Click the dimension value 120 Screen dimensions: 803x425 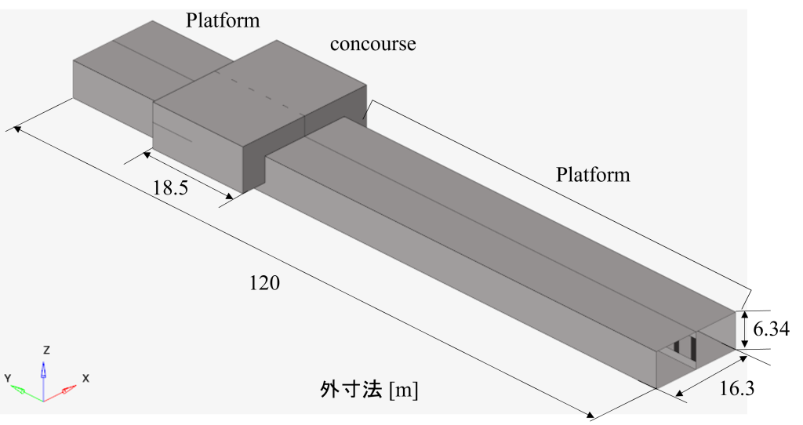[264, 283]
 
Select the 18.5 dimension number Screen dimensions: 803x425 [170, 188]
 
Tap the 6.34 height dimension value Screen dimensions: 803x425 [772, 329]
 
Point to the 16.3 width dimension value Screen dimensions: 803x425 [737, 389]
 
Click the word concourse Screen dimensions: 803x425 [372, 44]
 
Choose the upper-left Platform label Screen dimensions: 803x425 [222, 20]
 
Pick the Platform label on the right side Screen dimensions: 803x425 [593, 175]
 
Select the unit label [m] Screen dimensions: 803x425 [404, 390]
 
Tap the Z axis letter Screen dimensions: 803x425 [46, 351]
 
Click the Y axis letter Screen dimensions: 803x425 [8, 379]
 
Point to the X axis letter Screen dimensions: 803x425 [85, 379]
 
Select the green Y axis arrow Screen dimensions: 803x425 [27, 394]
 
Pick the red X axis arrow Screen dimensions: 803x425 [60, 393]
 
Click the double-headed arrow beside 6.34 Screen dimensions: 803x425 [745, 330]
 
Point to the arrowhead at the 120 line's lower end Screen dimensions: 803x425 [590, 414]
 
